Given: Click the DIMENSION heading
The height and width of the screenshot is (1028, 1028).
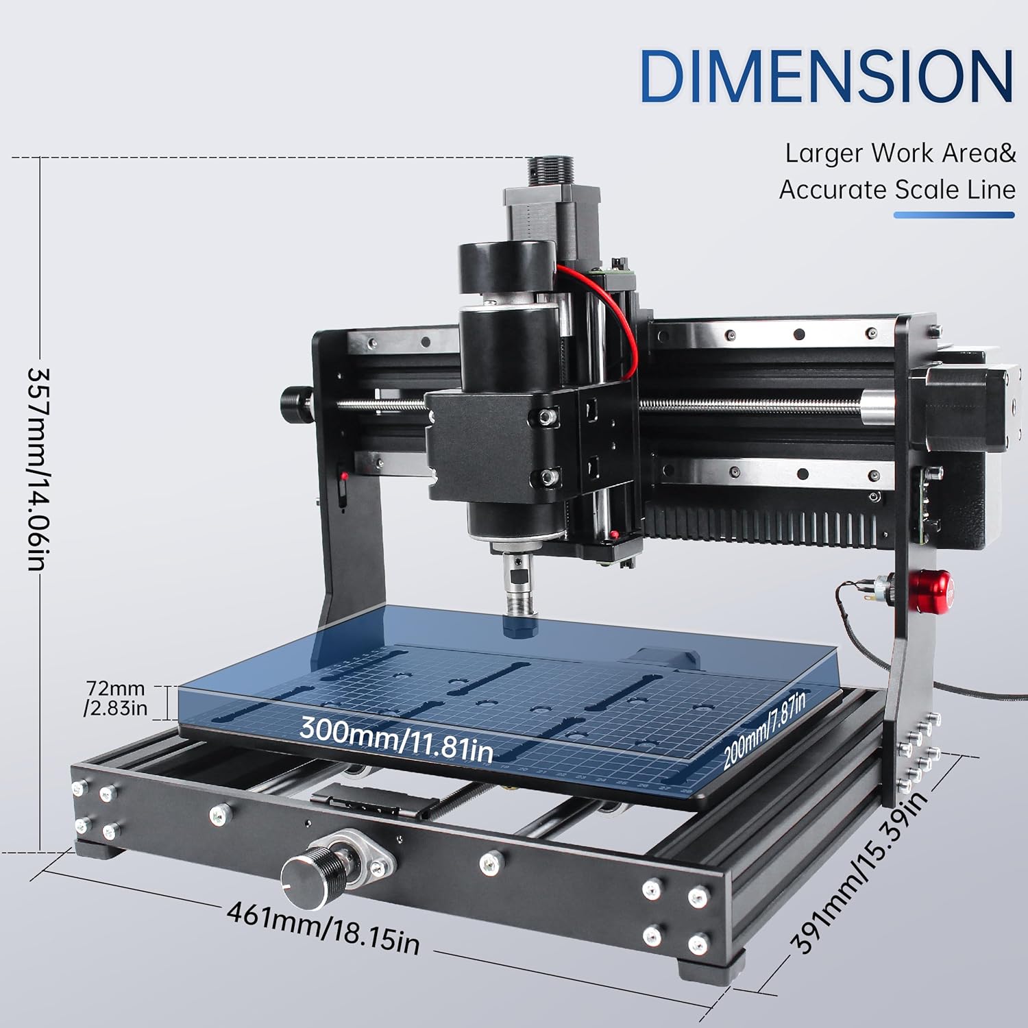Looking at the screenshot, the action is pos(827,76).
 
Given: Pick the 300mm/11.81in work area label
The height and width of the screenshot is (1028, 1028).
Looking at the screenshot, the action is pos(396,736).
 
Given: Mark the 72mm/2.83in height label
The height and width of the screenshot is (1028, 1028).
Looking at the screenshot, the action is pos(116,698).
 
